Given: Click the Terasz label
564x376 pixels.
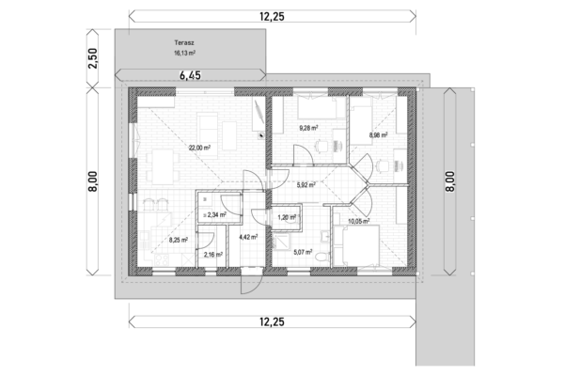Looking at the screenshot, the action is (x=184, y=43).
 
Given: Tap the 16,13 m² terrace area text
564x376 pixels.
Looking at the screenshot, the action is (x=184, y=53).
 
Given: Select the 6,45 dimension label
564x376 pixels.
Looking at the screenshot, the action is (x=190, y=75).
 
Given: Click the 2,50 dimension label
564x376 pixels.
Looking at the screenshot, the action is (x=92, y=58).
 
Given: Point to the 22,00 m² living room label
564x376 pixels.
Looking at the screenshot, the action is (x=199, y=148).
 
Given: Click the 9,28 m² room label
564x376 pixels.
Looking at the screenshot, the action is (x=309, y=128).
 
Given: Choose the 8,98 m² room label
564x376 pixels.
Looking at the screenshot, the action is (x=378, y=135).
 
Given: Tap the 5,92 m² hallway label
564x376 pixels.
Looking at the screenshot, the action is (x=306, y=185).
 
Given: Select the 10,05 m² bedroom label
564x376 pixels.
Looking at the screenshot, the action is (x=359, y=221).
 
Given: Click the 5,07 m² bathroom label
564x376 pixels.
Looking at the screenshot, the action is (x=303, y=252).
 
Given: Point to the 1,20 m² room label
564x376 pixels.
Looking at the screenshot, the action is (x=287, y=217).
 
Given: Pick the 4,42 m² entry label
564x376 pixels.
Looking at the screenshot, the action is (x=248, y=237).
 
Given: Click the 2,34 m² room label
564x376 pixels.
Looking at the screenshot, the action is (x=216, y=215).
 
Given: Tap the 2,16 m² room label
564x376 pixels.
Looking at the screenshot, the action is (x=213, y=255).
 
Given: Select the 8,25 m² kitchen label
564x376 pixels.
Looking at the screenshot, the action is (x=178, y=240).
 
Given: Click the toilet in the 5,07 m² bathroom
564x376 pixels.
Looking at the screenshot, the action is (x=321, y=258).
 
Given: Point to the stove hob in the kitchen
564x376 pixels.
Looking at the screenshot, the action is (x=161, y=259).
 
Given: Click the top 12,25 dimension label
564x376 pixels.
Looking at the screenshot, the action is (x=272, y=17).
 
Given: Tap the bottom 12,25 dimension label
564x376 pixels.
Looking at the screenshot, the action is (x=272, y=321).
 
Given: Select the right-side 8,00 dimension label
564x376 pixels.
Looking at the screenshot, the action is (x=450, y=181).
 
